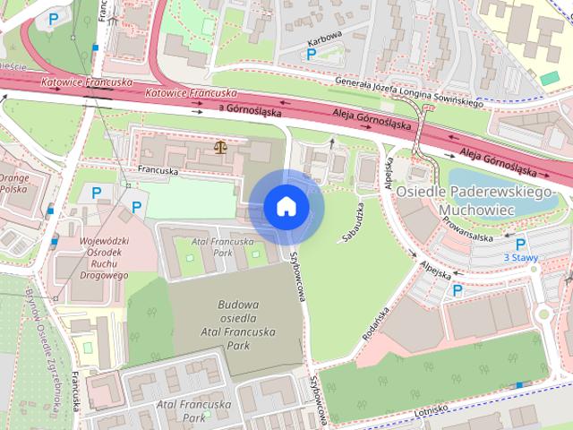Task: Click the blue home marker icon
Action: tap(286, 207)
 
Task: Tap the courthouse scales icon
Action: tap(219, 146)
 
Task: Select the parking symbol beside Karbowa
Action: tap(311, 55)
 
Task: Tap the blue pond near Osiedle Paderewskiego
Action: tap(492, 176)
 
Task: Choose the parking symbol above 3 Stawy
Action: tap(520, 244)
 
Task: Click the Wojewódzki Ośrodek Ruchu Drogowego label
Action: tap(92, 258)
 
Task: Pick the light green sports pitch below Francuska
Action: tap(190, 201)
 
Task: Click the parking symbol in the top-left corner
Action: tap(56, 18)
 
